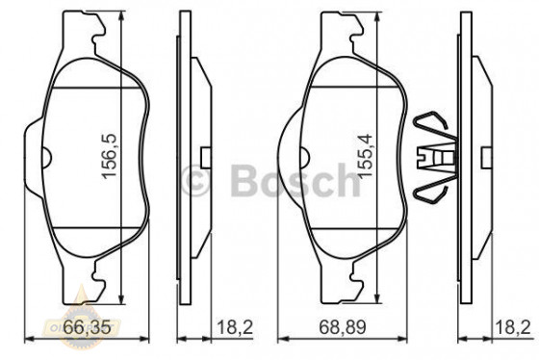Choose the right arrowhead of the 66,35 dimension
(150, 338)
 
